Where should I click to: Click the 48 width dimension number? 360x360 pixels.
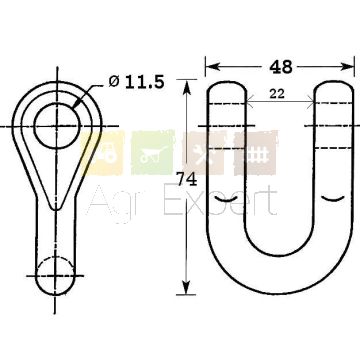(x=281, y=67)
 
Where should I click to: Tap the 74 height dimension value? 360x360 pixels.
(x=187, y=180)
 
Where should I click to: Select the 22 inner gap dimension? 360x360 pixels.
(x=277, y=94)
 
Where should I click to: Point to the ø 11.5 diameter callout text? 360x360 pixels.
(x=137, y=82)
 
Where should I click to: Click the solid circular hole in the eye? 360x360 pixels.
(x=57, y=126)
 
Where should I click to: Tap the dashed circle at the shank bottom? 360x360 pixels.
(x=55, y=276)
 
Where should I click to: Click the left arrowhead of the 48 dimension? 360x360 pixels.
(x=213, y=66)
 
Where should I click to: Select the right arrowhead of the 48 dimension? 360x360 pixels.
(x=347, y=66)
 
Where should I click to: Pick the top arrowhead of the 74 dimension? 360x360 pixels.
(x=186, y=87)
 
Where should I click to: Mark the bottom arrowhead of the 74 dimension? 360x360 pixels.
(x=186, y=287)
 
